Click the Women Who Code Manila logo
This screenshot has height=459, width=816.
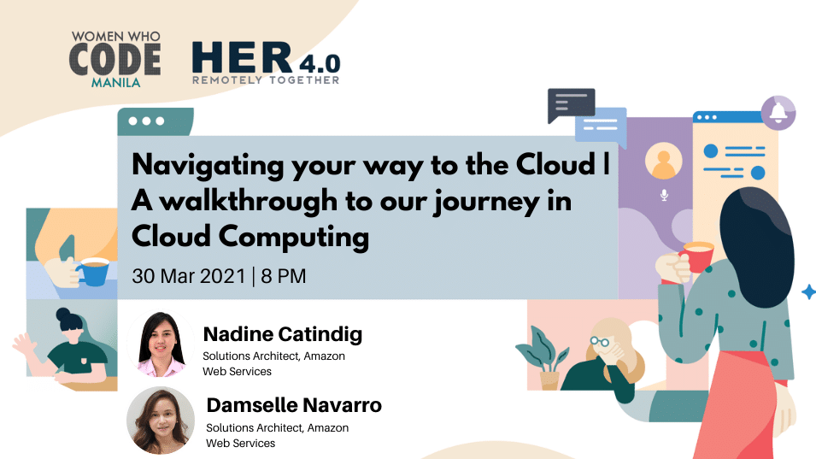click(x=115, y=59)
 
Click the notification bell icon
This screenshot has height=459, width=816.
click(x=778, y=113)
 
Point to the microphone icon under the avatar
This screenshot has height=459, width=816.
click(x=664, y=195)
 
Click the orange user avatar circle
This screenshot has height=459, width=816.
click(x=664, y=161)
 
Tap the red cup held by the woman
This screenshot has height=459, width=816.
click(x=697, y=257)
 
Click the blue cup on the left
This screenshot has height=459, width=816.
click(x=93, y=272)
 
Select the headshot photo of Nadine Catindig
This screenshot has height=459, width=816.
click(x=161, y=344)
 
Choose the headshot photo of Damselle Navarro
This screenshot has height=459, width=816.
click(x=161, y=420)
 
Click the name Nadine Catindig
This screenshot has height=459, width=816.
click(x=283, y=334)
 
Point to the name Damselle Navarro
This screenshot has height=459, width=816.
click(x=294, y=405)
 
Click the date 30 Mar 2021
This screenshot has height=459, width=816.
click(x=188, y=276)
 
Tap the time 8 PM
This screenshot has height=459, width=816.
click(x=284, y=276)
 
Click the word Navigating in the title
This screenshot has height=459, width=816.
click(x=208, y=166)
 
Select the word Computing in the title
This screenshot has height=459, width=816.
click(x=294, y=238)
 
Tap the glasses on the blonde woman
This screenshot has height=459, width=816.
click(x=600, y=342)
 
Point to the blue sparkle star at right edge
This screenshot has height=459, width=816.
click(x=808, y=292)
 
